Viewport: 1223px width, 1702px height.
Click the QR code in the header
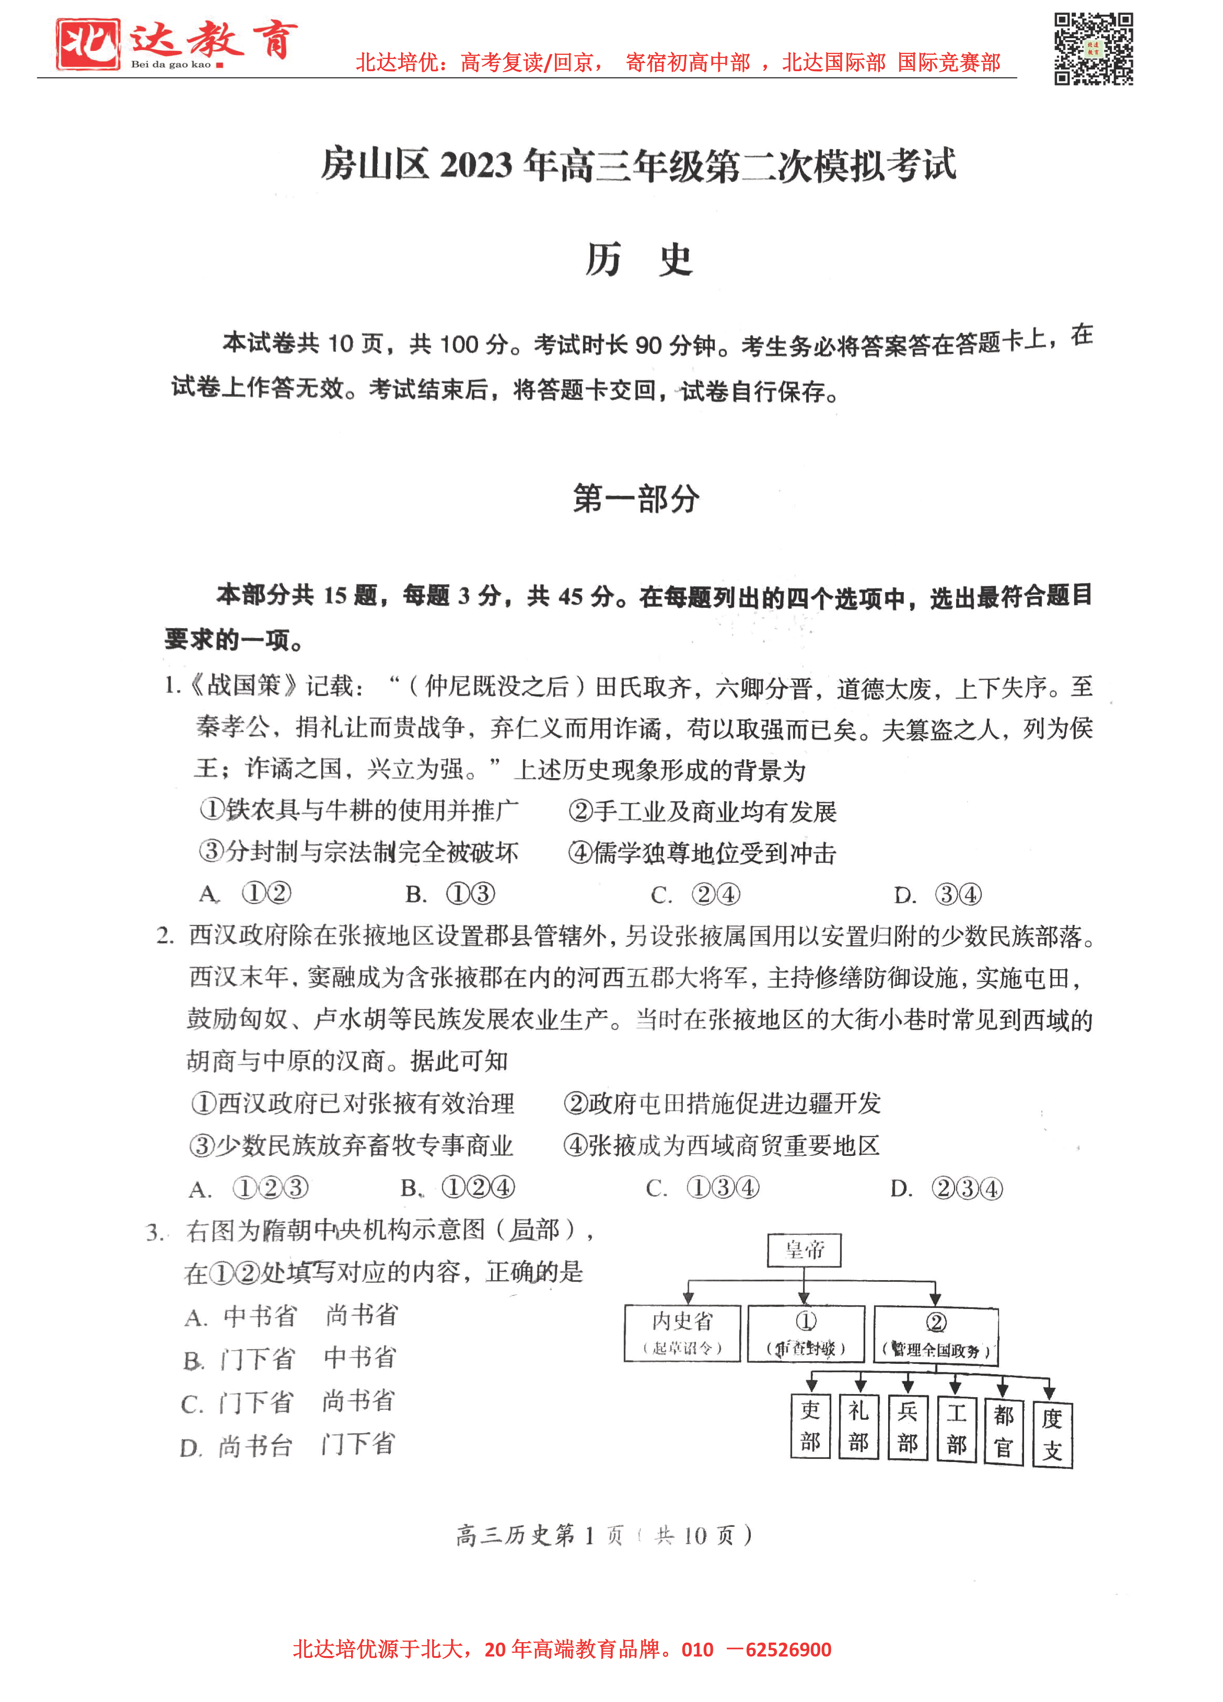pos(1093,48)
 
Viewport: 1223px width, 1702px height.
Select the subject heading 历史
pos(639,260)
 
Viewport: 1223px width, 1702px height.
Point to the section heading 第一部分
pos(636,499)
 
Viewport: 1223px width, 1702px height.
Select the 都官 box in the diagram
pos(1003,1430)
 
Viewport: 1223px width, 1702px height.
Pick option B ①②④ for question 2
pos(458,1188)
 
